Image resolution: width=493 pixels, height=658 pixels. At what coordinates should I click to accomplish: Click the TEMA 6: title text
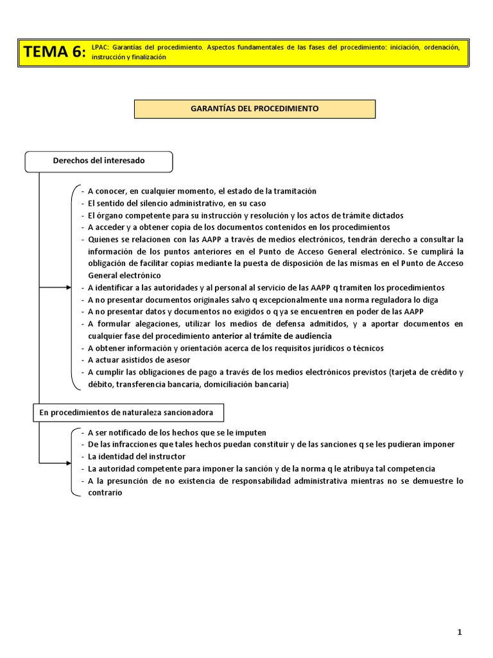[55, 52]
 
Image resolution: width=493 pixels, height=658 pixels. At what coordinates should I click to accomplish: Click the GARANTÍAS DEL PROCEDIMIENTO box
[254, 109]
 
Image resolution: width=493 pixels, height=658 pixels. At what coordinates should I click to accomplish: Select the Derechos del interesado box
[98, 161]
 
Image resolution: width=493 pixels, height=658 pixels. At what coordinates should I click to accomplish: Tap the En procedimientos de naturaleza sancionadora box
[128, 413]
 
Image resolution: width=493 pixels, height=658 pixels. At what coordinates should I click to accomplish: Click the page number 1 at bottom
[460, 632]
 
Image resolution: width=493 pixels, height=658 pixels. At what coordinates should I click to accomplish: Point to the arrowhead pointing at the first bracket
[69, 287]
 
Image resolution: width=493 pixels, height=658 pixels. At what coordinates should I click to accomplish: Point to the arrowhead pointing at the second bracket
[69, 463]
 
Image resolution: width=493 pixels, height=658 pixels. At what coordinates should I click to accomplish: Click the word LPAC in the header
[99, 48]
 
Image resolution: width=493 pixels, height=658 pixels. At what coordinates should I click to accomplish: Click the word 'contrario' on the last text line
[105, 493]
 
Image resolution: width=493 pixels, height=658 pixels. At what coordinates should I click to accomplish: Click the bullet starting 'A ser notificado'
[177, 432]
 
